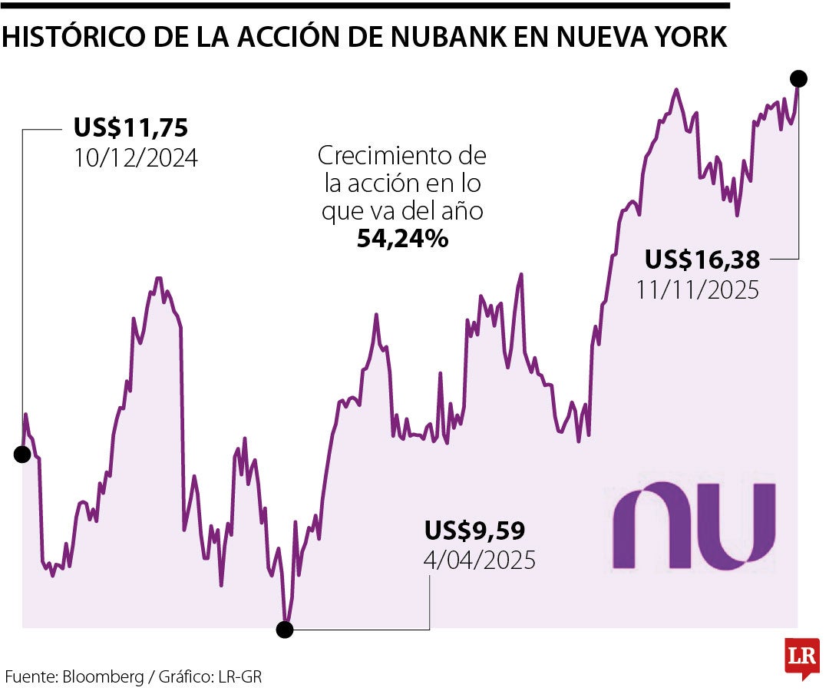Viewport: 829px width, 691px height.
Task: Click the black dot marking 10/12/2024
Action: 22,455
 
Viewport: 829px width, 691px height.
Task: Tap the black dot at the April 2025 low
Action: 285,630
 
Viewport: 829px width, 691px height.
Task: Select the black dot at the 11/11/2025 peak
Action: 798,78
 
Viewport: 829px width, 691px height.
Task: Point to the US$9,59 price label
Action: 474,531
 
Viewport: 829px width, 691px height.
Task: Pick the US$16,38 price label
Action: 702,260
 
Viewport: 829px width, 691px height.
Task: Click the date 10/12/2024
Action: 136,158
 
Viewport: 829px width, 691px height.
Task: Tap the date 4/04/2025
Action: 479,560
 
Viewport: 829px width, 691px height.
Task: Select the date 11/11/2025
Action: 697,290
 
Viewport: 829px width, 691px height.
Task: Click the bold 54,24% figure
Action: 402,239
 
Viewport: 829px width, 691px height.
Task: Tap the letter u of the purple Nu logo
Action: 738,526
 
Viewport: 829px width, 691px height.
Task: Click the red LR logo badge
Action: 801,657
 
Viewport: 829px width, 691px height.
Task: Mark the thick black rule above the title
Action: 365,5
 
